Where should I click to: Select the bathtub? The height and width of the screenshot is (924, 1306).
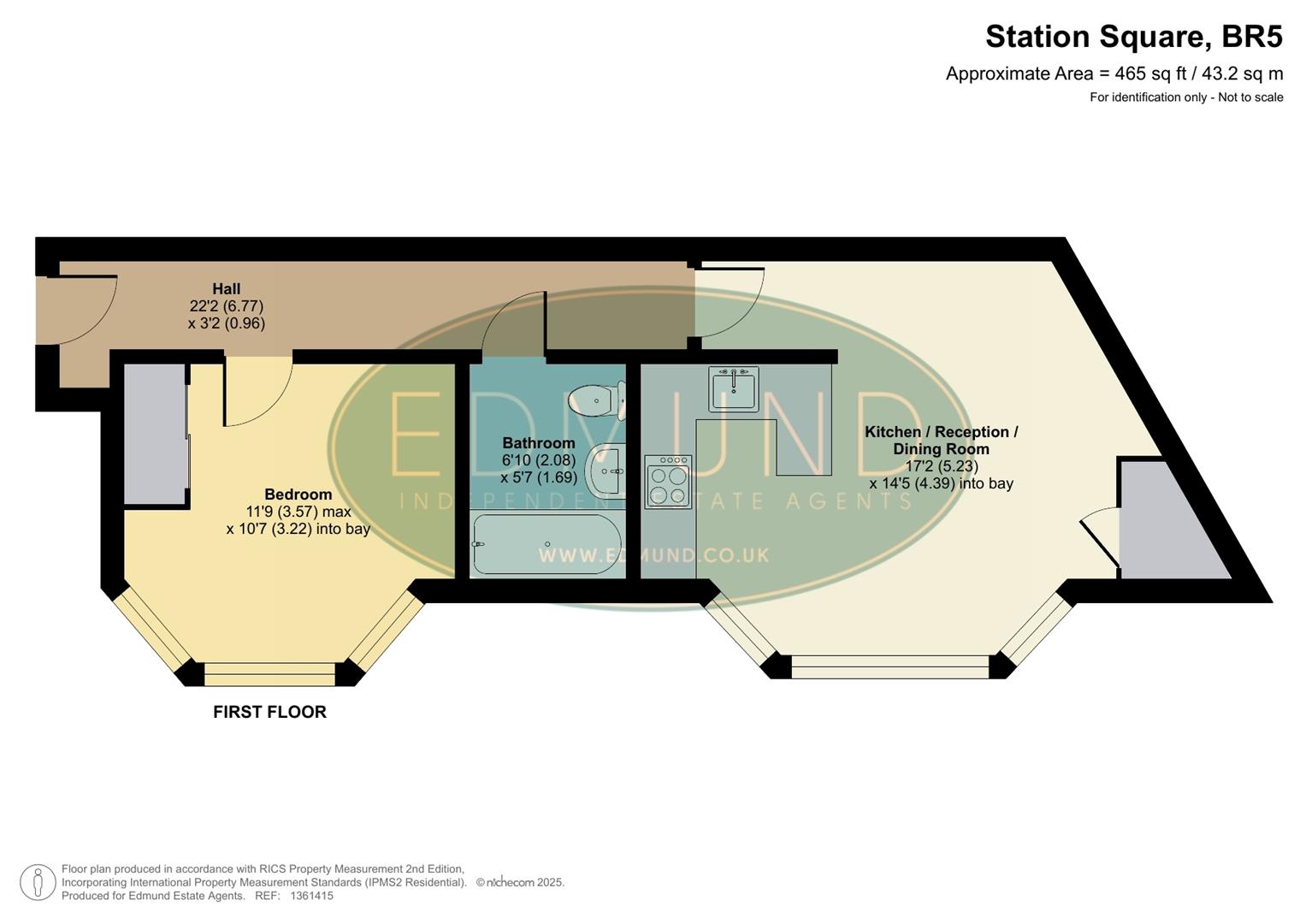(547, 544)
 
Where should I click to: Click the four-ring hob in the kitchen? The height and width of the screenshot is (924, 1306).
(668, 482)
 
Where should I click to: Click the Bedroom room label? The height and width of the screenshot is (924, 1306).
(298, 495)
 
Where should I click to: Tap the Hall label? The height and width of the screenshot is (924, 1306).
(227, 289)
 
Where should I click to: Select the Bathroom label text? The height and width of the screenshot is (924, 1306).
(538, 443)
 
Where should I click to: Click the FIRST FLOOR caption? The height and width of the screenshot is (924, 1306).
(269, 712)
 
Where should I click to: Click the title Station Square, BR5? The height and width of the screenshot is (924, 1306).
(1133, 37)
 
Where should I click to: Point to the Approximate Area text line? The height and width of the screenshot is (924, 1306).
(1114, 74)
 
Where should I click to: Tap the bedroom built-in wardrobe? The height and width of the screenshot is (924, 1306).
(155, 434)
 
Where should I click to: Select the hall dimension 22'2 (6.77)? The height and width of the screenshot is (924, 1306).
(227, 306)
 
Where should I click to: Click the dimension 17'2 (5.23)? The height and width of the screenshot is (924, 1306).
(942, 466)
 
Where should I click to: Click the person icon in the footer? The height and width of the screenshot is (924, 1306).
(38, 882)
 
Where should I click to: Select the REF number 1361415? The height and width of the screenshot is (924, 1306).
(311, 896)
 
